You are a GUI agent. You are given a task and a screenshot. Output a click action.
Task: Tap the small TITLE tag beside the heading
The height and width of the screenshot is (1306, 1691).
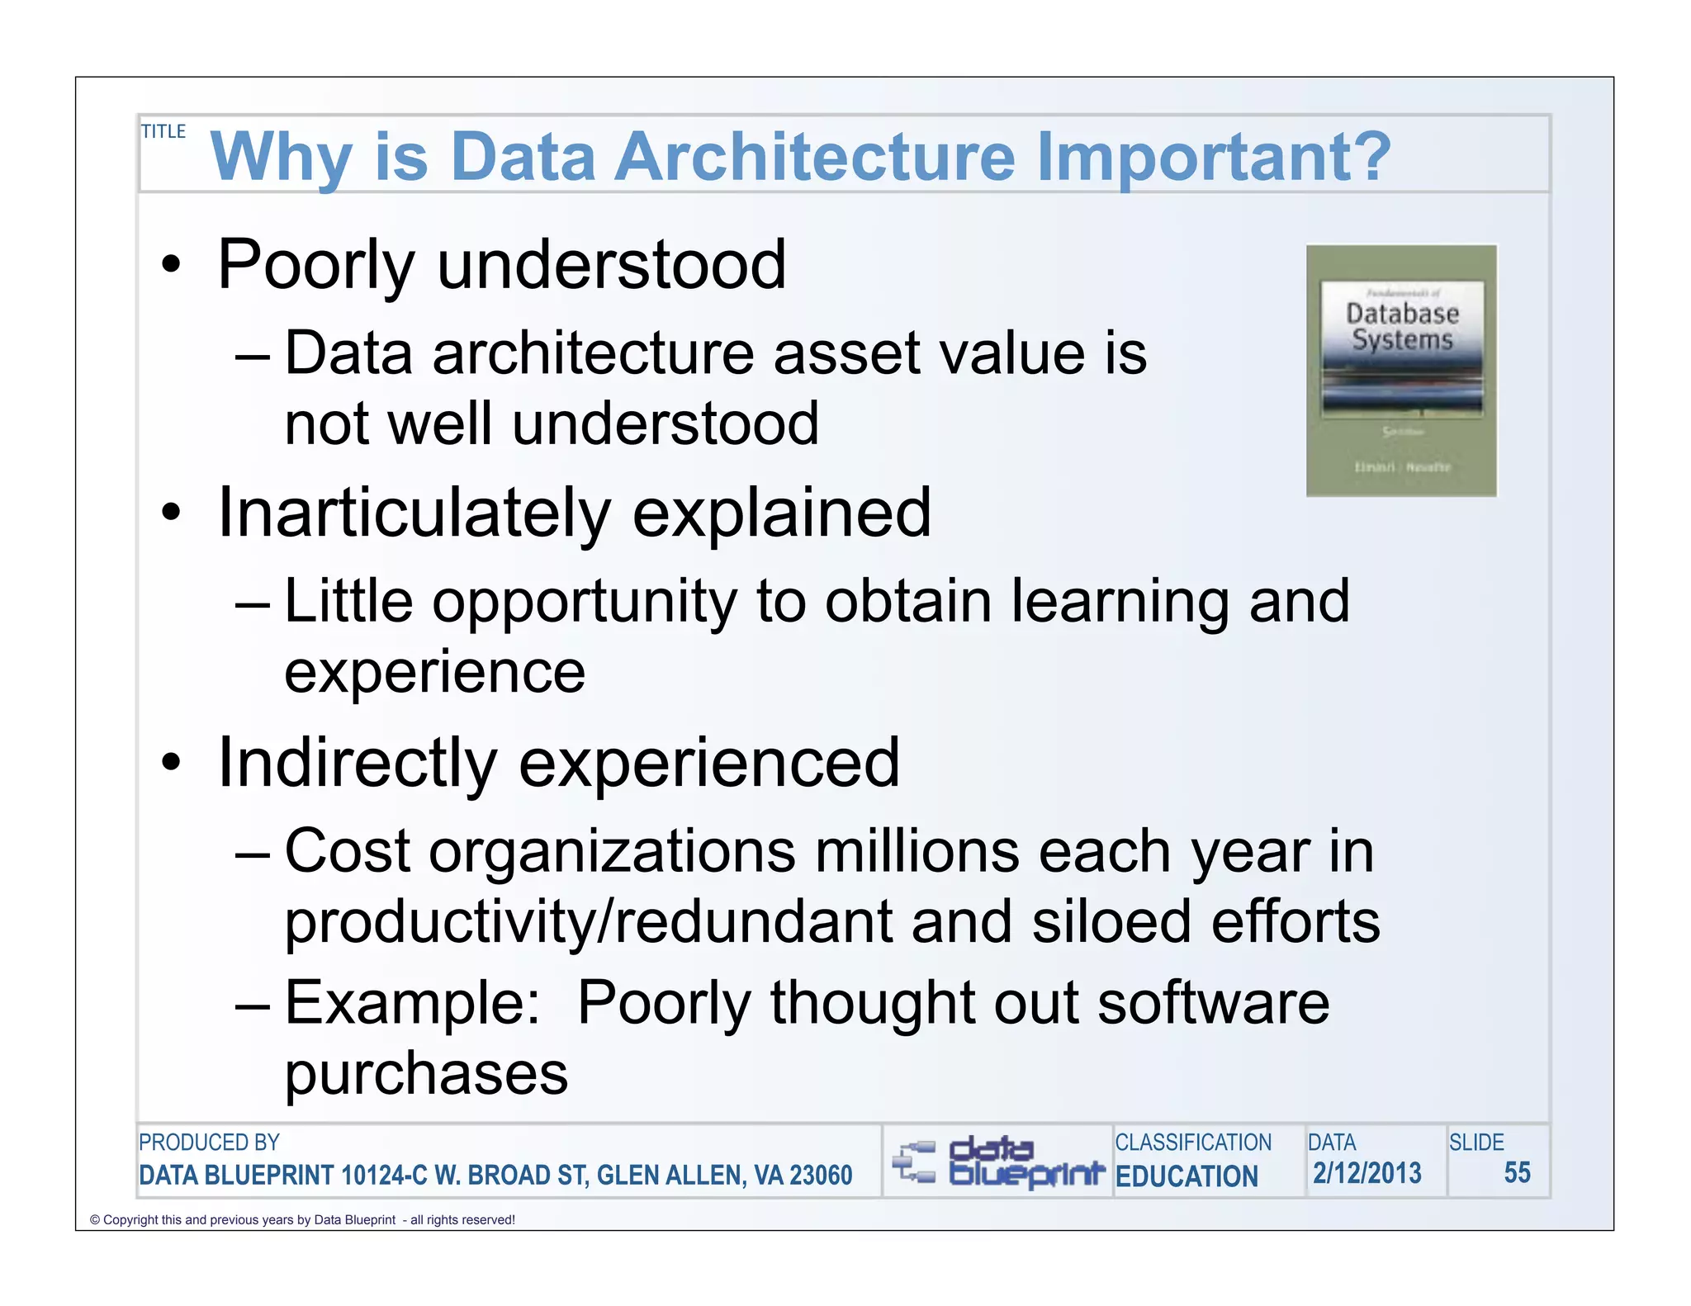tap(163, 131)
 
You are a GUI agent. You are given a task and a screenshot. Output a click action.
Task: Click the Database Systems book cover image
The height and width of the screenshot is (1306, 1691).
tap(1401, 370)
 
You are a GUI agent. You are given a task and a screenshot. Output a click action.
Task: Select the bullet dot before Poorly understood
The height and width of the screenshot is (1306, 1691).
tap(171, 266)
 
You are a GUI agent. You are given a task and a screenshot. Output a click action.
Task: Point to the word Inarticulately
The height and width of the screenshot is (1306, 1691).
tap(414, 513)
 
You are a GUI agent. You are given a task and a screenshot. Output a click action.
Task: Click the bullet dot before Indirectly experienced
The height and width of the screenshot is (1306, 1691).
tap(171, 763)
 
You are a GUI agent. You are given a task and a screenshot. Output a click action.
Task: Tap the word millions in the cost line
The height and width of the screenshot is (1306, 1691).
tap(916, 851)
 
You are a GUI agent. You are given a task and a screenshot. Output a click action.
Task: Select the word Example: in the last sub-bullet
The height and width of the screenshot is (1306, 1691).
tap(412, 1003)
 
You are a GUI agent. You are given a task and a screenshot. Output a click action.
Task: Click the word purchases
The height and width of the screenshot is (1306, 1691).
tap(426, 1074)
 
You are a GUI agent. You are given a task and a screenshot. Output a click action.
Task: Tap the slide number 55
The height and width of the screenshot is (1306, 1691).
tap(1517, 1172)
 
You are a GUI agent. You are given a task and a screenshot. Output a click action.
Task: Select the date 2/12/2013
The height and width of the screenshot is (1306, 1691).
tap(1367, 1172)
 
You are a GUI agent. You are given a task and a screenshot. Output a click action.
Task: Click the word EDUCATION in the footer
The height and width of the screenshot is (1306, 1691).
tap(1187, 1176)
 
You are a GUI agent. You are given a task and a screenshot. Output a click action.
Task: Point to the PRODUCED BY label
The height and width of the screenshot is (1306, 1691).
tap(209, 1143)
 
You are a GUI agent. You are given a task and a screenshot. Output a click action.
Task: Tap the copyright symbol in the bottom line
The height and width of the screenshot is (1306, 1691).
tap(94, 1220)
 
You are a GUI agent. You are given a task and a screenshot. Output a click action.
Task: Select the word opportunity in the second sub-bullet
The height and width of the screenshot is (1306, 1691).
tap(585, 602)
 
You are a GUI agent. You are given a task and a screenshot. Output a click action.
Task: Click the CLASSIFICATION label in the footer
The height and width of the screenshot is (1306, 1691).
tap(1192, 1143)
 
